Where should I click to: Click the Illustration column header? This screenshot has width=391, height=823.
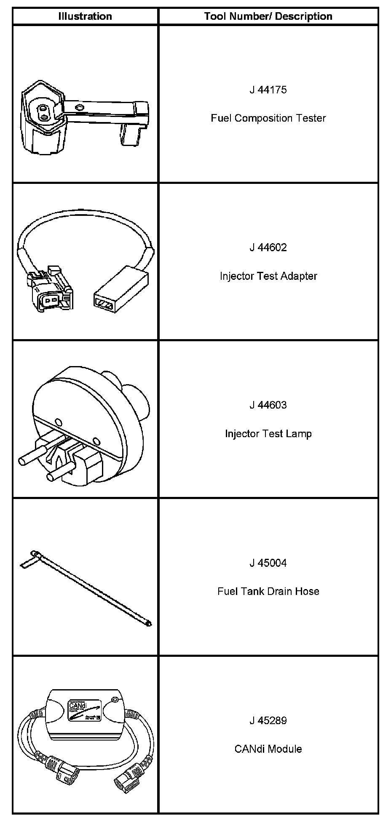tap(85, 16)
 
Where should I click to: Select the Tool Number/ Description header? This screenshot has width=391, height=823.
tap(268, 16)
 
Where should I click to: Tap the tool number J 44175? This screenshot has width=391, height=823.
tap(268, 90)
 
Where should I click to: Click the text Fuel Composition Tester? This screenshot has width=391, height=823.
tap(268, 118)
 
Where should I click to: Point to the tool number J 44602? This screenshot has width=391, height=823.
tap(268, 247)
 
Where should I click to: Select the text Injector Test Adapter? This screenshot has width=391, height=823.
tap(268, 276)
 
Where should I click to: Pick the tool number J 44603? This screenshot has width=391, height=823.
tap(268, 405)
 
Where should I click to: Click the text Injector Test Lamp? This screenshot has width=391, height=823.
tap(268, 433)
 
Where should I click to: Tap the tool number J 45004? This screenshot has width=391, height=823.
tap(268, 563)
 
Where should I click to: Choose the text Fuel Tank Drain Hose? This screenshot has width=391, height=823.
tap(268, 591)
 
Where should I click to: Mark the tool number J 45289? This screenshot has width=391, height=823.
tap(268, 720)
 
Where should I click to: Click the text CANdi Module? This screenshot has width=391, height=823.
tap(268, 749)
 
